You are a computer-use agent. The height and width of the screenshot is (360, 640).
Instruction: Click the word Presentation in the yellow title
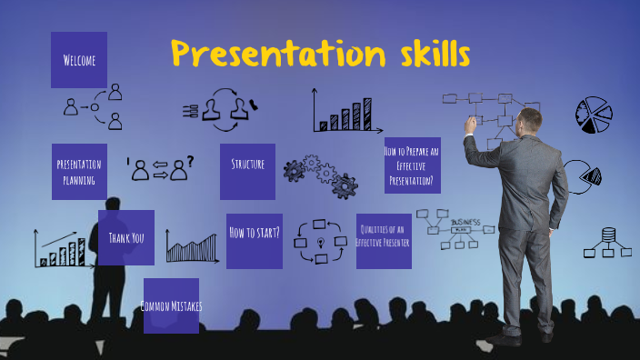pos(263,55)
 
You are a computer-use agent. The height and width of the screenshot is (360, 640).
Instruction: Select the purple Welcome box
pos(79,60)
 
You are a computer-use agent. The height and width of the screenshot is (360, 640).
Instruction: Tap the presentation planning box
pos(79,171)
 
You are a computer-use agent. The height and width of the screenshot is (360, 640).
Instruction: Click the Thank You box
pos(126,237)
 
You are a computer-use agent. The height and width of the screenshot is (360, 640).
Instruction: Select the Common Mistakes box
pos(171,305)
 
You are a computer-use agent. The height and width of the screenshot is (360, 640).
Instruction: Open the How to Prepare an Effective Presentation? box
pos(413,165)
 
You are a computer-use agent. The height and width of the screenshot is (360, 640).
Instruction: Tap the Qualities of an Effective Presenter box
pos(384,241)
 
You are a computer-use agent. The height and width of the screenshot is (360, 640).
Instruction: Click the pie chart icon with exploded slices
pos(594,115)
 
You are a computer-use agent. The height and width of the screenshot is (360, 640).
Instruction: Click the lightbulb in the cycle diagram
pos(321,240)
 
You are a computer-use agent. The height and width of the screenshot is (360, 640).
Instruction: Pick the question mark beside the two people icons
pos(189,162)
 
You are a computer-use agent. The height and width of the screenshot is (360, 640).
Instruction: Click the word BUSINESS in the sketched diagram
pos(465,222)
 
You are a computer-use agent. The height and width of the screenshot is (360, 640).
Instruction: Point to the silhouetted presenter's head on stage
pos(115,207)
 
